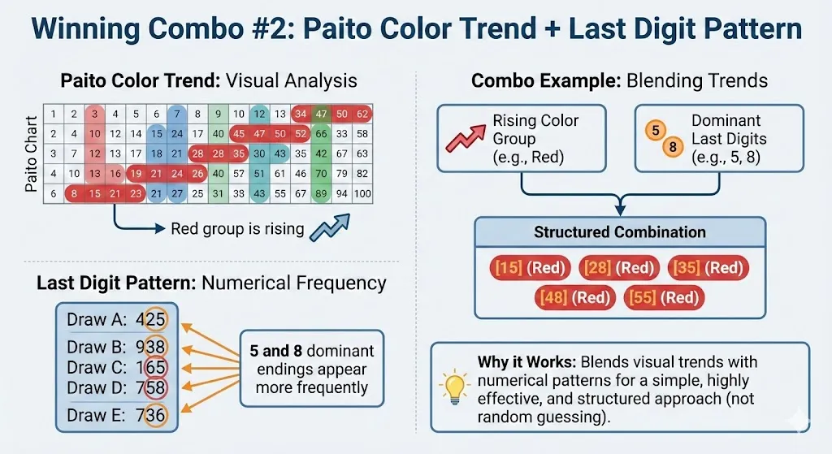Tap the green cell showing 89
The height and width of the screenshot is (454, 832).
tap(321, 193)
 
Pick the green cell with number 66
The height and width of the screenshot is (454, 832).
tap(321, 134)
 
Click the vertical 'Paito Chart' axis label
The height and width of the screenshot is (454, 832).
tap(30, 154)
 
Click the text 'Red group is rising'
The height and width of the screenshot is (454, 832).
tap(237, 229)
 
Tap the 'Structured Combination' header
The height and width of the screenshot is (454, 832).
tap(620, 232)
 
